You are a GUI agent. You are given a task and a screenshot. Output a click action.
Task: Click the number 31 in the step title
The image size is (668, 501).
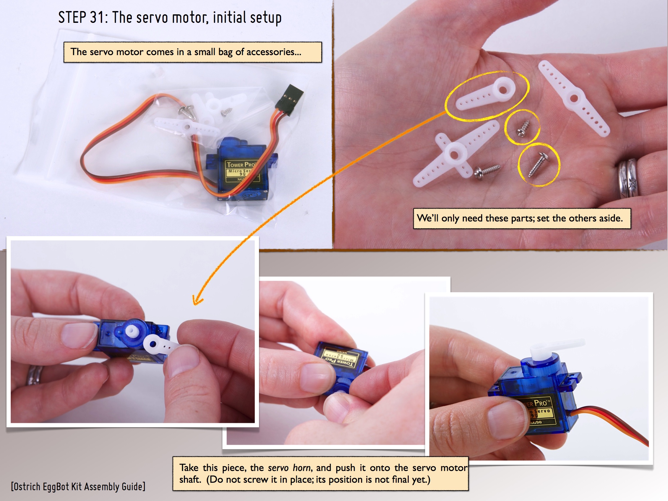(97, 17)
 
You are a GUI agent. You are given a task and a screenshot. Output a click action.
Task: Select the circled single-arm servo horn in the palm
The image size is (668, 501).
(485, 94)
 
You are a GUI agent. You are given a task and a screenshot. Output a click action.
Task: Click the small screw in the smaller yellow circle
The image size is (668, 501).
(524, 128)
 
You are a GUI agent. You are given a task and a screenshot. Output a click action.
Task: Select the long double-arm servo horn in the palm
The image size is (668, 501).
(574, 98)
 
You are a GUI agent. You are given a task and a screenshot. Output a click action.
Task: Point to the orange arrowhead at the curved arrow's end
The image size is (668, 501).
(197, 300)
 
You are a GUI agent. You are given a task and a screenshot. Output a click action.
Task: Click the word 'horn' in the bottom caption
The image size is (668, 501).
(302, 468)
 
